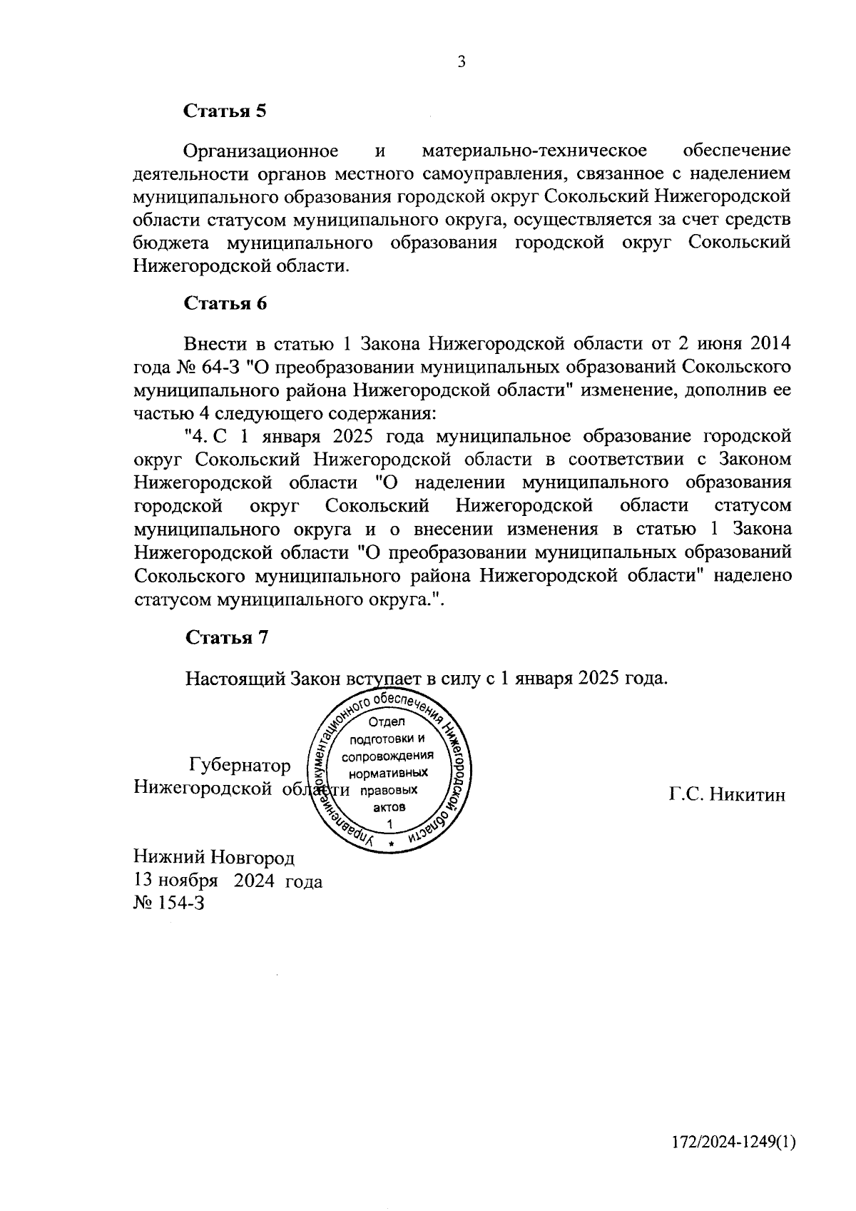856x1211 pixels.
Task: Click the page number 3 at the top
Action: pyautogui.click(x=462, y=62)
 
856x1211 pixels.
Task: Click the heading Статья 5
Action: pyautogui.click(x=225, y=111)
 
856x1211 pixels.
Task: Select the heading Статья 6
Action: pyautogui.click(x=225, y=303)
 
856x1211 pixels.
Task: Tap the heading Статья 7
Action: pyautogui.click(x=226, y=637)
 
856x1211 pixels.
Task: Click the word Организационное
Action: pyautogui.click(x=260, y=151)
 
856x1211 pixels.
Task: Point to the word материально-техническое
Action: pyautogui.click(x=534, y=151)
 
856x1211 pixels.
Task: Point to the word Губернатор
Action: pyautogui.click(x=240, y=766)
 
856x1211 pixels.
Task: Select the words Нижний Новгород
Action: pyautogui.click(x=213, y=857)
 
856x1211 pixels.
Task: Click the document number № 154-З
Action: pyautogui.click(x=168, y=903)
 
